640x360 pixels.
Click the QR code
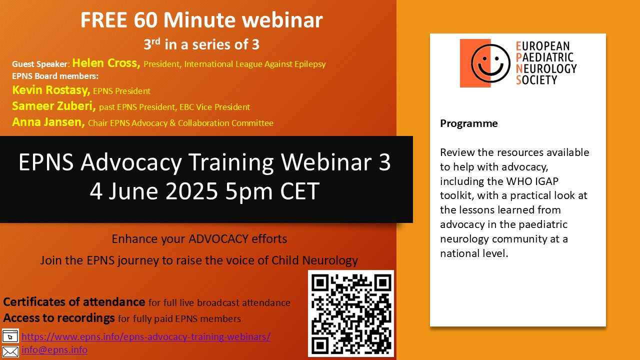351,313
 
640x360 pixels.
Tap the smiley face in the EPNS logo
490,63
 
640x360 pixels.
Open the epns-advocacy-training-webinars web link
146,336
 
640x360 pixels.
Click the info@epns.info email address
54,349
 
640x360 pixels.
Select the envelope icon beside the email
10,351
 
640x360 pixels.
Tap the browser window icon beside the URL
10,336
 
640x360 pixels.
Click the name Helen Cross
106,63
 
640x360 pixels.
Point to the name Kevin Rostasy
51,90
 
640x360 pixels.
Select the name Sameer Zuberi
54,106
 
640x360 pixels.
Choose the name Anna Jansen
48,122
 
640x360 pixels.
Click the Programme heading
469,123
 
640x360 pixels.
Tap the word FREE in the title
103,20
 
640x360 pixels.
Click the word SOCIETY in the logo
536,80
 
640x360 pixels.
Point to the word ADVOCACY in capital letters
218,239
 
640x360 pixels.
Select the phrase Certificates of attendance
74,302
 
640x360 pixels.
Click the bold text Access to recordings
59,318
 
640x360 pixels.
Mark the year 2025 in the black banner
191,191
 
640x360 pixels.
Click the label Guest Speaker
40,64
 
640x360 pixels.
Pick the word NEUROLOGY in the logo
546,68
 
